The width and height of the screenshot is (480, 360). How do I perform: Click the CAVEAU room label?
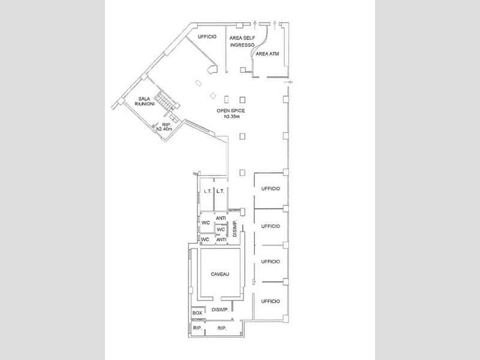(x=220, y=274)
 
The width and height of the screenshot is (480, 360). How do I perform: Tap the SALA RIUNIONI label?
(x=145, y=101)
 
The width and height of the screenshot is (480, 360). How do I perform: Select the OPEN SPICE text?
(x=231, y=110)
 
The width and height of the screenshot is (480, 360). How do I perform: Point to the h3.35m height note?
(x=232, y=116)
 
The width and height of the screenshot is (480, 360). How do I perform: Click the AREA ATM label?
(x=267, y=53)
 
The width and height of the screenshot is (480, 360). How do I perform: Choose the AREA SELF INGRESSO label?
(x=242, y=41)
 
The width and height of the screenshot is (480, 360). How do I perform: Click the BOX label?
(x=197, y=313)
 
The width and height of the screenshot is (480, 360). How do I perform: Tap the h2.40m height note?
(x=164, y=129)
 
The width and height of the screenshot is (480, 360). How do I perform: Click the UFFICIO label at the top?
(x=207, y=37)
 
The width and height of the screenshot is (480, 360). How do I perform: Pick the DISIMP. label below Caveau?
(x=220, y=310)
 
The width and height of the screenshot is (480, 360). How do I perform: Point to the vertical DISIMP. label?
(x=235, y=229)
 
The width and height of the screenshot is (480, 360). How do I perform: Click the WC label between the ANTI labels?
(x=221, y=229)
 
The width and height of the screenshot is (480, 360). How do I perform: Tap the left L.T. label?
(x=208, y=191)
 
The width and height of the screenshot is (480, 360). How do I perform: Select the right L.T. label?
(x=220, y=191)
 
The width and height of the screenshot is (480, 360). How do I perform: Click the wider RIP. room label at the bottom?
(x=222, y=328)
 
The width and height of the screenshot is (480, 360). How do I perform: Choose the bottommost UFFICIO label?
(x=271, y=301)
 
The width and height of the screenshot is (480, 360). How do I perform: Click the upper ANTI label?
(x=221, y=218)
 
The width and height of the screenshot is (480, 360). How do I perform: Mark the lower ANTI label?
(x=221, y=239)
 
